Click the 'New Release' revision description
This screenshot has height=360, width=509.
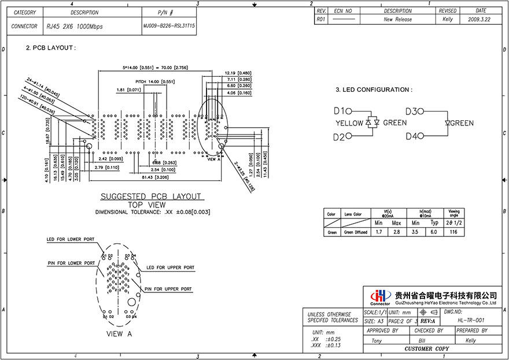pos(397,19)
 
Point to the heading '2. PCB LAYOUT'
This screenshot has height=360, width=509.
pos(51,48)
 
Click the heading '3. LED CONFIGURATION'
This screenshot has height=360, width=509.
pos(374,90)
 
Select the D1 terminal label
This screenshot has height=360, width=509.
pos(339,111)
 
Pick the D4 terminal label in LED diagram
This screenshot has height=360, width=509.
pos(413,136)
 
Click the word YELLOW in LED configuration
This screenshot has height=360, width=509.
pos(349,123)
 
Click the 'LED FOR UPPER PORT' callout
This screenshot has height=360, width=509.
pos(170,268)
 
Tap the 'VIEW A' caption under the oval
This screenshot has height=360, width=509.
pos(119,334)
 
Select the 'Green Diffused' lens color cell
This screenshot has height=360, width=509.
pos(356,232)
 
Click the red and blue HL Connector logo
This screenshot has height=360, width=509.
pos(379,296)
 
